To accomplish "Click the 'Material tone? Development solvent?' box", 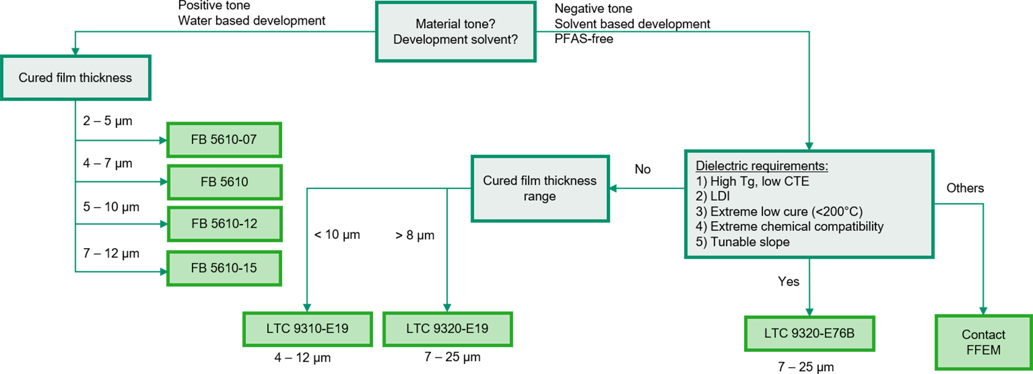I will (456, 31).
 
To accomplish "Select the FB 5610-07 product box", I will (224, 140).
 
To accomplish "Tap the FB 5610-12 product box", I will (224, 224).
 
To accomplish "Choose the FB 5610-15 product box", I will (224, 268).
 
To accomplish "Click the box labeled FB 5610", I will (224, 182).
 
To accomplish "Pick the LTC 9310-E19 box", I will (307, 329).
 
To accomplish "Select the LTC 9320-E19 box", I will (447, 329).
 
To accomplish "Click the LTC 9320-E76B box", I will (809, 333).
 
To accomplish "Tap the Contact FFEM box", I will (983, 343).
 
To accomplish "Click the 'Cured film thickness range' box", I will (540, 189).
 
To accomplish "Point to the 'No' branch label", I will (643, 169).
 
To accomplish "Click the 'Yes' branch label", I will (788, 282).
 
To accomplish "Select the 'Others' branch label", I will (965, 189).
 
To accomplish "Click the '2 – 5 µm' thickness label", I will (108, 121).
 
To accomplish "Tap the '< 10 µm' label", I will (337, 235).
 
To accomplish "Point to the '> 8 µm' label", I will (414, 235).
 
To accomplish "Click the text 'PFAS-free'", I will (584, 39).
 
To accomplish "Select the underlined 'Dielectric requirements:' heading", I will (761, 166).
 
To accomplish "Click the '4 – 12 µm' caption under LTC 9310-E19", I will (303, 358).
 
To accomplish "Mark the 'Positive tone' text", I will (214, 6).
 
